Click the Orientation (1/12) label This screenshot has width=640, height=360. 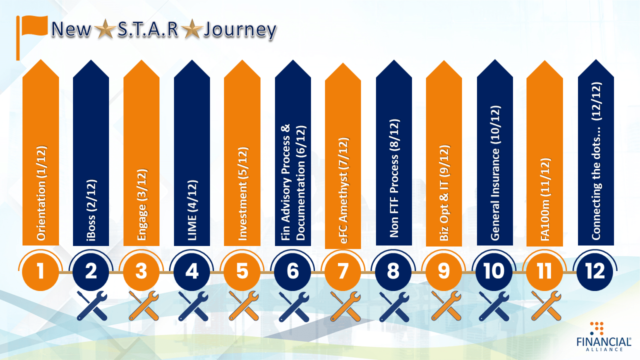[x=41, y=193]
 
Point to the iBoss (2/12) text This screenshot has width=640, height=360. [x=91, y=210]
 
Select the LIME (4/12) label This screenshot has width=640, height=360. [x=192, y=210]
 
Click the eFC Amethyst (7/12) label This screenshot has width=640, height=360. [x=343, y=190]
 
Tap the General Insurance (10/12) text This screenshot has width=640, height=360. [x=495, y=173]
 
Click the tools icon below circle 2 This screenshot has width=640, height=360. [x=92, y=305]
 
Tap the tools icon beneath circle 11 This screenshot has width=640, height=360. [x=546, y=305]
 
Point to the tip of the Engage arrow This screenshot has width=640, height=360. [x=141, y=60]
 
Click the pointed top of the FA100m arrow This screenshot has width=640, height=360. [x=544, y=60]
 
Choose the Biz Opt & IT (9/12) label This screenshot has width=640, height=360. [x=444, y=193]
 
